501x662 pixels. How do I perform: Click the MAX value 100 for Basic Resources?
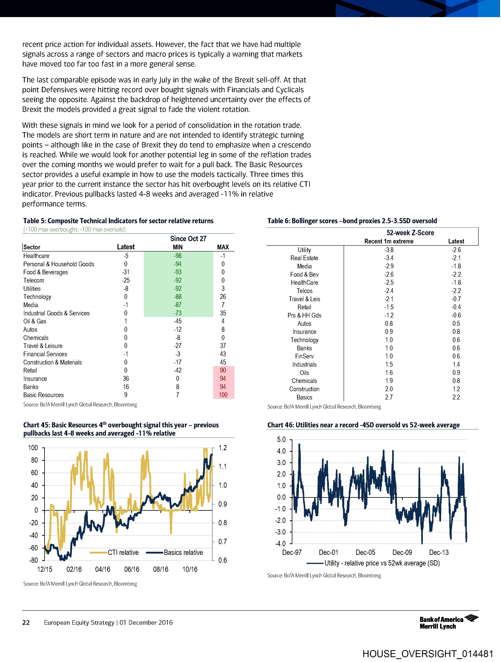tap(223, 395)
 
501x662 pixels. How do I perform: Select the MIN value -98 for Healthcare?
tap(178, 256)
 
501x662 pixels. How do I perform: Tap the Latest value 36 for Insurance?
tap(126, 379)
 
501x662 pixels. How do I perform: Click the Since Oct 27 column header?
tap(188, 239)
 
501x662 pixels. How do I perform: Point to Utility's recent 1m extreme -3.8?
tap(389, 250)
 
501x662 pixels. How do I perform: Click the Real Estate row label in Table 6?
tap(304, 258)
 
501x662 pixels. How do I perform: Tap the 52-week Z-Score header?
tap(410, 233)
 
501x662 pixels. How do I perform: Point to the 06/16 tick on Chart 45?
tap(132, 569)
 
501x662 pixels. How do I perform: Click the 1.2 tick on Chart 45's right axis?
tap(223, 448)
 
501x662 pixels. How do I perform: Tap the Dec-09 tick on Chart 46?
tap(402, 553)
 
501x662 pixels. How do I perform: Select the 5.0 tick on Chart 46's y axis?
tap(282, 440)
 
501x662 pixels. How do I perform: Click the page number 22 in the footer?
tap(26, 623)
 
